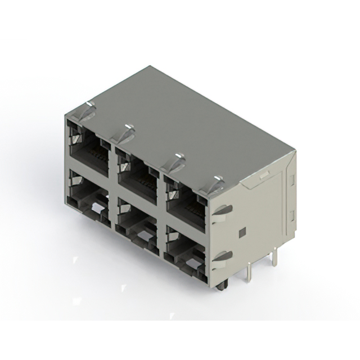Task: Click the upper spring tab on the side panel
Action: click(223, 210)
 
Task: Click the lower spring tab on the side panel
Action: click(223, 257)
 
